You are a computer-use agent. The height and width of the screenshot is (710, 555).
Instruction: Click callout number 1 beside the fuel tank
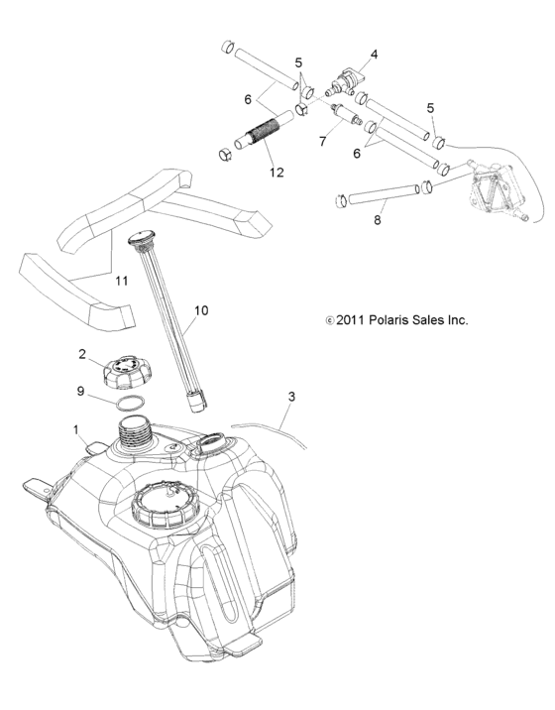(74, 429)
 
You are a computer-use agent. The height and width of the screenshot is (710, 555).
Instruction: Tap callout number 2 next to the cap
(83, 354)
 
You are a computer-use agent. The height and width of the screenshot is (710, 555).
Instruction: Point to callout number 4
(375, 54)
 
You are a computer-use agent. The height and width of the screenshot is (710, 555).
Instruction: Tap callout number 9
(81, 393)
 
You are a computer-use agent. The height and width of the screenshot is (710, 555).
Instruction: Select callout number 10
(200, 311)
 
